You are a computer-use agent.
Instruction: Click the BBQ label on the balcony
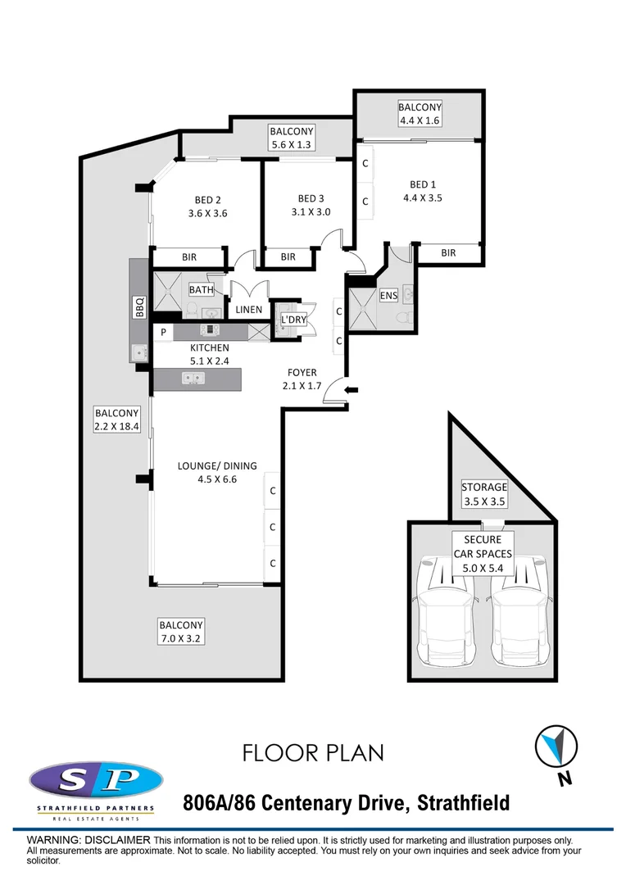tap(140, 307)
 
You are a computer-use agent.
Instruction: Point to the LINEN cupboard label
tap(249, 310)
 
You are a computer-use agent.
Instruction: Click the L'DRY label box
tap(293, 319)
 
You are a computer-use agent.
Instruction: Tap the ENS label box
tap(388, 295)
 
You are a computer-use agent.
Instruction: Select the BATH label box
tap(201, 290)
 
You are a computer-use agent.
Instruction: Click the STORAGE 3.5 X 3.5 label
tap(484, 493)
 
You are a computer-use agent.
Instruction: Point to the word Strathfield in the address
tap(464, 802)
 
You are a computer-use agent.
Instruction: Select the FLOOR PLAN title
tap(313, 752)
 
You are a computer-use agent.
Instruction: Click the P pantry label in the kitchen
tap(164, 332)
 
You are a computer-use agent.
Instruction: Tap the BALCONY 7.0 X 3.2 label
tap(181, 631)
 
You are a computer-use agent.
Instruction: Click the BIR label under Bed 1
tap(448, 253)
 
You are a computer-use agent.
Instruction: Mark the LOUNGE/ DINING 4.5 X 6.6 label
tap(217, 473)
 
